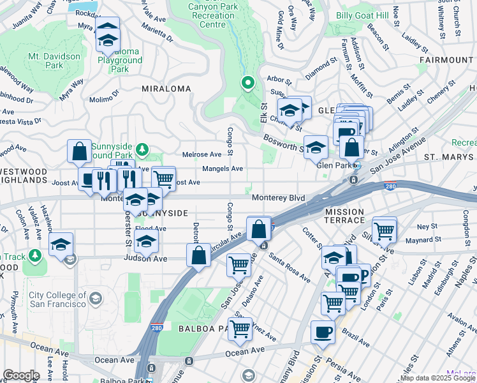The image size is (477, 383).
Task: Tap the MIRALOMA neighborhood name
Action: click(x=166, y=88)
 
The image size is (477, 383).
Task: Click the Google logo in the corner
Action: click(x=21, y=375)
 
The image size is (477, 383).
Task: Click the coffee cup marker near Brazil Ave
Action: click(x=323, y=332)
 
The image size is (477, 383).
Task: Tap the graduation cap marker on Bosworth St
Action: click(x=316, y=147)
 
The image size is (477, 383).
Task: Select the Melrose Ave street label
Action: click(x=202, y=154)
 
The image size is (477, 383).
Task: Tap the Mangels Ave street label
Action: click(x=223, y=169)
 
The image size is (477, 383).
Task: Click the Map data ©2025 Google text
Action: click(x=437, y=378)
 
